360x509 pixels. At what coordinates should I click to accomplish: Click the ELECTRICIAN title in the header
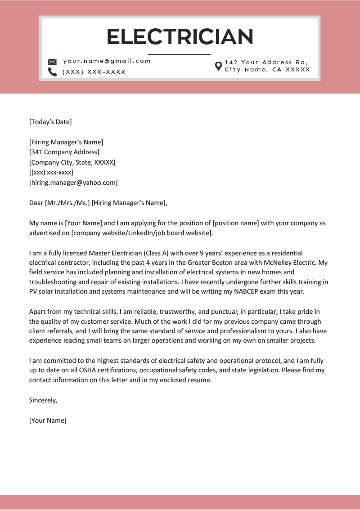[x=180, y=36]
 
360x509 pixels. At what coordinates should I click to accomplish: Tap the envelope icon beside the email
[x=52, y=62]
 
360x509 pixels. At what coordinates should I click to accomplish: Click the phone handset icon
[x=52, y=72]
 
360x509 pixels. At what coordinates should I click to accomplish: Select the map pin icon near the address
[x=218, y=66]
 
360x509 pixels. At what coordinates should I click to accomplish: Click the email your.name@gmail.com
[x=107, y=61]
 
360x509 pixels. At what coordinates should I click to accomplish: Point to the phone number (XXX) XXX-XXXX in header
[x=94, y=72]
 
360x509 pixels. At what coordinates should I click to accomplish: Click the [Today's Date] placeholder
[x=50, y=122]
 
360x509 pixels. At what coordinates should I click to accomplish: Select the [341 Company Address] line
[x=64, y=152]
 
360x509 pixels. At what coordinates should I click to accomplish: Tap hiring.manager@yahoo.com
[x=73, y=183]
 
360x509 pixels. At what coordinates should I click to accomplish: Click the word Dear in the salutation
[x=36, y=203]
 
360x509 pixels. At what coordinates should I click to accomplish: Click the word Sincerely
[x=43, y=400]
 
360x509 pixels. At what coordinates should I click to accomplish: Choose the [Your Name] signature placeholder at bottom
[x=48, y=420]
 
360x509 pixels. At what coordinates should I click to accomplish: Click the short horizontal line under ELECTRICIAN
[x=180, y=54]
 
